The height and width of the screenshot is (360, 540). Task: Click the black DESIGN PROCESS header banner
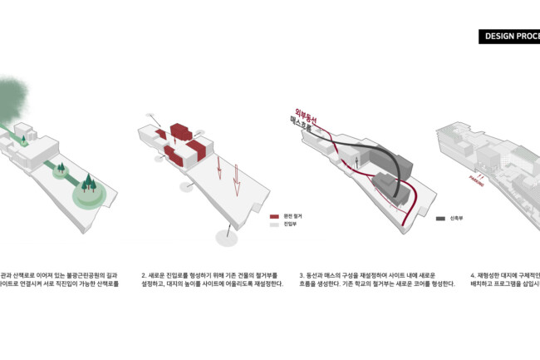(510, 37)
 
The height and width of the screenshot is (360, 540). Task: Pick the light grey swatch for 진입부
(275, 224)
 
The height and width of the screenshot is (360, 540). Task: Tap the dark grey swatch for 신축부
(440, 219)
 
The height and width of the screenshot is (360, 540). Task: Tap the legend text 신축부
(458, 219)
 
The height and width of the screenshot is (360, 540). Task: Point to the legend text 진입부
(291, 224)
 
